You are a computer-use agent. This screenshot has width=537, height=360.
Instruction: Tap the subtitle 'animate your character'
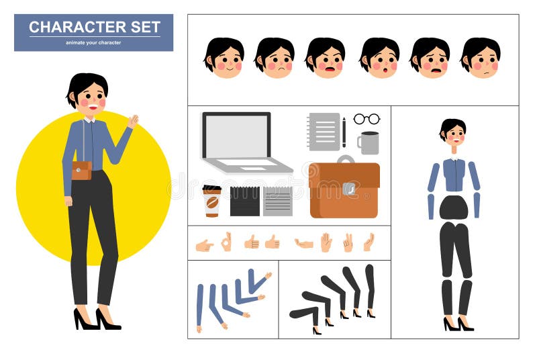pyautogui.click(x=93, y=43)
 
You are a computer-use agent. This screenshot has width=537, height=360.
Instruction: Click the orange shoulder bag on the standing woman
pyautogui.click(x=81, y=170)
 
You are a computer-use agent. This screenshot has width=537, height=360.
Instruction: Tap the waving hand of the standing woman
pyautogui.click(x=133, y=121)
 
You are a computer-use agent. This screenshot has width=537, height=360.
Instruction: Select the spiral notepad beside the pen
pyautogui.click(x=324, y=131)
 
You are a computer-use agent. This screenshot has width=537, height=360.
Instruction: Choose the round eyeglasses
pyautogui.click(x=367, y=119)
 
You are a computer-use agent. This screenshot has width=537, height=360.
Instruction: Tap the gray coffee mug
pyautogui.click(x=369, y=142)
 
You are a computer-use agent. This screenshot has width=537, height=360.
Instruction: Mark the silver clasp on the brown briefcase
pyautogui.click(x=348, y=189)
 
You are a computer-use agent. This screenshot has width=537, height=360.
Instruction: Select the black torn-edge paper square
pyautogui.click(x=244, y=201)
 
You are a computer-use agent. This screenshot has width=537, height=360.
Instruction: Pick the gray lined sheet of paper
pyautogui.click(x=277, y=201)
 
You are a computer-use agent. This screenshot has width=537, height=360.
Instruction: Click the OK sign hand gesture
pyautogui.click(x=227, y=242)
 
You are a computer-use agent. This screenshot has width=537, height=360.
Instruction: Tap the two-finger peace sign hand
pyautogui.click(x=348, y=242)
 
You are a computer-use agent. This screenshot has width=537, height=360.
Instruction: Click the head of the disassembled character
pyautogui.click(x=453, y=132)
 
